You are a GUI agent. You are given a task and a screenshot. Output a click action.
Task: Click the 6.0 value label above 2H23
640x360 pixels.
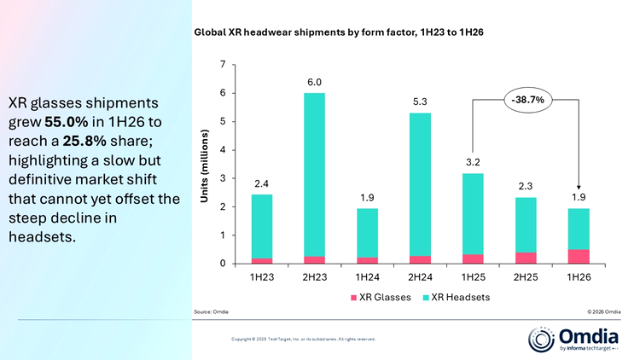[x=314, y=83]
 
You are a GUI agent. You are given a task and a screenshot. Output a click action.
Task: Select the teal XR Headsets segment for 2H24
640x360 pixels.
[x=420, y=184]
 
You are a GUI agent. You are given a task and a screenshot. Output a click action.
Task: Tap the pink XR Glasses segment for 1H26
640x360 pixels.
[x=579, y=256]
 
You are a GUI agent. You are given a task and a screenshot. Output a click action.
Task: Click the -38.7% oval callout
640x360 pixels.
[x=527, y=100]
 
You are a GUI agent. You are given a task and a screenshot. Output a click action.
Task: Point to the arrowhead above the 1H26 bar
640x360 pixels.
[x=579, y=188]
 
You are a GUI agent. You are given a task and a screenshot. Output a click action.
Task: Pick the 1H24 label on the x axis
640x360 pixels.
[x=367, y=277]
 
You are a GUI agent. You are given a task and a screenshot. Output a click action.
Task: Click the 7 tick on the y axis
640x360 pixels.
[x=223, y=65]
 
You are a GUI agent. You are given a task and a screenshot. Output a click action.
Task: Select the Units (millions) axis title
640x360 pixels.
[x=204, y=165]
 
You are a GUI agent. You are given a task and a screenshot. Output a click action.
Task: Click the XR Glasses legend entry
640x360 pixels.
[x=381, y=298]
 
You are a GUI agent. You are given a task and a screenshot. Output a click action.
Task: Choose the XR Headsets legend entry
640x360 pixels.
[x=456, y=298]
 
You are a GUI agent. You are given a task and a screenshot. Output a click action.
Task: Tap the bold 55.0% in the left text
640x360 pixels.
[x=66, y=122]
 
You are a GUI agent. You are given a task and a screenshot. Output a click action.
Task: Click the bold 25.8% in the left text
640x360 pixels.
[x=84, y=142]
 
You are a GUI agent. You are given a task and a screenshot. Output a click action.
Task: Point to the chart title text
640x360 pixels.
[x=339, y=32]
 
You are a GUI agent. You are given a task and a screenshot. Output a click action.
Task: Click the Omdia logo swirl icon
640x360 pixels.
[x=541, y=340]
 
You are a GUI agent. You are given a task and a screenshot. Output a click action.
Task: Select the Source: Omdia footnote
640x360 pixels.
[x=211, y=312]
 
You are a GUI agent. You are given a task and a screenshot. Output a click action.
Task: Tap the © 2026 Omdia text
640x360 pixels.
[x=604, y=312]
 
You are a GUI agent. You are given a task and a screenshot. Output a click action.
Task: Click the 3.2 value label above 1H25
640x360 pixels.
[x=473, y=162]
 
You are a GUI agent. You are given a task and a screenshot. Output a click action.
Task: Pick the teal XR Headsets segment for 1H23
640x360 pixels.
[x=262, y=227]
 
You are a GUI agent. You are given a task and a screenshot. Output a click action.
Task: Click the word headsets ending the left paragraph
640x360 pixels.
[x=42, y=237]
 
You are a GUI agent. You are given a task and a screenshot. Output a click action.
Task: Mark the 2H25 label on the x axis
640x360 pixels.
[x=526, y=277]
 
